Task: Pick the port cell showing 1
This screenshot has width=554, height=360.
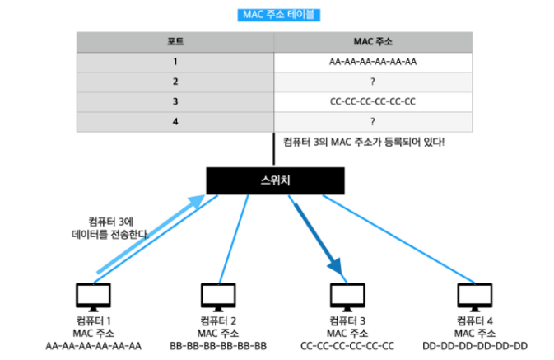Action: [175, 62]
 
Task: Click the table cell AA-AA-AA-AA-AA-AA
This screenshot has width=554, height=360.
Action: [372, 62]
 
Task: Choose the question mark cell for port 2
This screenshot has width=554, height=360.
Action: [372, 82]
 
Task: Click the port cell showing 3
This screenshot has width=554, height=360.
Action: [175, 102]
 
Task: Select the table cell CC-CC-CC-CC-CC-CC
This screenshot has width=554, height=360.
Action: [372, 102]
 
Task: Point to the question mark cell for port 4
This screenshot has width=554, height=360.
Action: [372, 122]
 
